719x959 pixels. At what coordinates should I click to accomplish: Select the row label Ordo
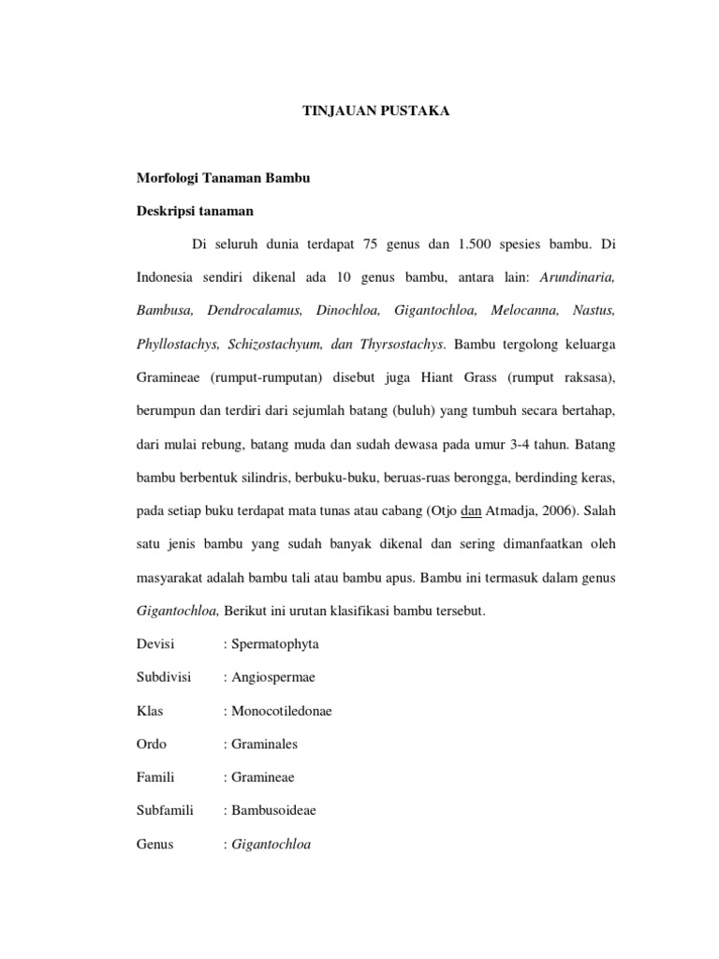152,745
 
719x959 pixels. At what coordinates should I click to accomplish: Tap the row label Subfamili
164,810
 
